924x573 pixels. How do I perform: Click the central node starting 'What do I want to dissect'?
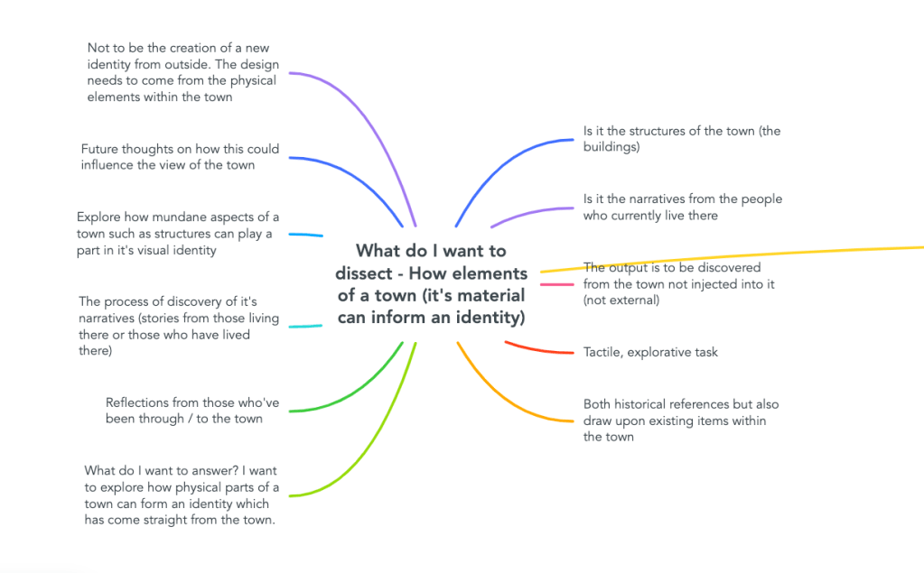click(432, 284)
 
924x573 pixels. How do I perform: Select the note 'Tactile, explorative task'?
click(650, 352)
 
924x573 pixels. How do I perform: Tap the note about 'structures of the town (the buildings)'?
click(682, 139)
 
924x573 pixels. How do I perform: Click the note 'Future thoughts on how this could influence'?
click(180, 157)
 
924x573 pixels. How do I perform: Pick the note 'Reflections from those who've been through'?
click(192, 411)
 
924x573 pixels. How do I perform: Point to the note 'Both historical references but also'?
click(681, 421)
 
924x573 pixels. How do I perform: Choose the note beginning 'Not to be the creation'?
click(182, 72)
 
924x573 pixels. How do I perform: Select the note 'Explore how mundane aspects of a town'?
click(178, 234)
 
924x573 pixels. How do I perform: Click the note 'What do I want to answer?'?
click(181, 495)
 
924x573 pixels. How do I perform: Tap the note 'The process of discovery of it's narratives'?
click(179, 326)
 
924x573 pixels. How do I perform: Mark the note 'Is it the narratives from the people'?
click(683, 208)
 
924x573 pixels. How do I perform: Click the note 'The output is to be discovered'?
click(679, 284)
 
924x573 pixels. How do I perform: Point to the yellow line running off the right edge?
click(731, 257)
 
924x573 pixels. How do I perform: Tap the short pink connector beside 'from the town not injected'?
click(557, 284)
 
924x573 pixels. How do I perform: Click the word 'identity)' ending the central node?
click(490, 318)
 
